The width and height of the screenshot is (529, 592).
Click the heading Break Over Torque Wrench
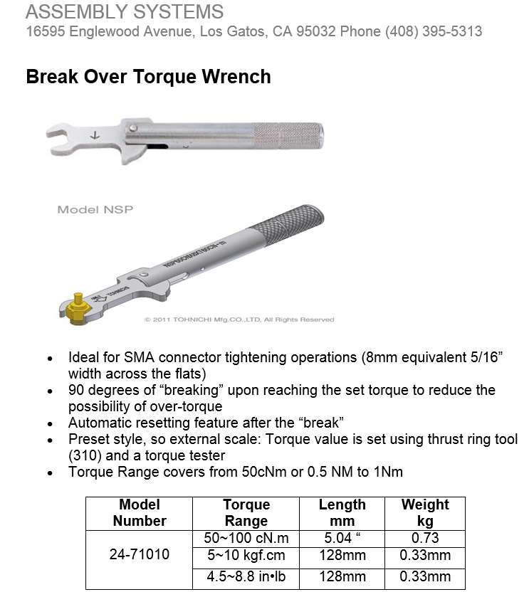pyautogui.click(x=148, y=77)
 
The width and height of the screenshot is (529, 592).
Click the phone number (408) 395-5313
pyautogui.click(x=434, y=31)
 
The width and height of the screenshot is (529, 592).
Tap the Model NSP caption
pyautogui.click(x=95, y=209)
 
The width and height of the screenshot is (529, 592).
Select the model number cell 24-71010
pyautogui.click(x=140, y=554)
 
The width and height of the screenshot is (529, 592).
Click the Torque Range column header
pyautogui.click(x=246, y=512)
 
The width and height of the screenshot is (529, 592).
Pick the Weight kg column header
pyautogui.click(x=425, y=512)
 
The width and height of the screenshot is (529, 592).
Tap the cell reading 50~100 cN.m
pyautogui.click(x=246, y=539)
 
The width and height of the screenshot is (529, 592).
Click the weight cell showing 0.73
pyautogui.click(x=425, y=539)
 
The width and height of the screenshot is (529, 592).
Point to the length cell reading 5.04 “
pyautogui.click(x=342, y=539)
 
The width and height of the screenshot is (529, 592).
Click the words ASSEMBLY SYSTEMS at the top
pyautogui.click(x=124, y=12)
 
